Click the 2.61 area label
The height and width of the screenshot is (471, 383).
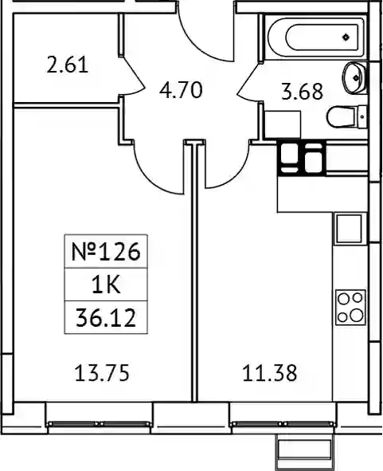click(x=68, y=65)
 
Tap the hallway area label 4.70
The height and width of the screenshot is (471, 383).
click(x=181, y=90)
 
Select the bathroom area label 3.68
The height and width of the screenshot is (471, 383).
click(x=303, y=92)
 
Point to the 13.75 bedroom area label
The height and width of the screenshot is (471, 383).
click(x=102, y=373)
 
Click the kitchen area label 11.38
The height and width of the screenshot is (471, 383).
click(x=270, y=373)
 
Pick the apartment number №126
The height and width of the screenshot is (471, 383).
click(x=106, y=251)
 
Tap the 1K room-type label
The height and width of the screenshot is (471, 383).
click(x=106, y=285)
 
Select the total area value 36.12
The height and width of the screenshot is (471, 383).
click(x=106, y=318)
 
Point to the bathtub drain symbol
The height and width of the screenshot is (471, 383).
click(x=346, y=37)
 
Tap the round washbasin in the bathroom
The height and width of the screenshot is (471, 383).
click(x=354, y=78)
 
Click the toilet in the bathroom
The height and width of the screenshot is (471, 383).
click(x=346, y=117)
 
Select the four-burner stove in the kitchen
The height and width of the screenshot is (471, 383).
click(x=350, y=308)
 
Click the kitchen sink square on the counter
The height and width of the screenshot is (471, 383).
click(x=349, y=229)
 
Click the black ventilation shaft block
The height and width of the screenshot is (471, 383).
click(x=301, y=158)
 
